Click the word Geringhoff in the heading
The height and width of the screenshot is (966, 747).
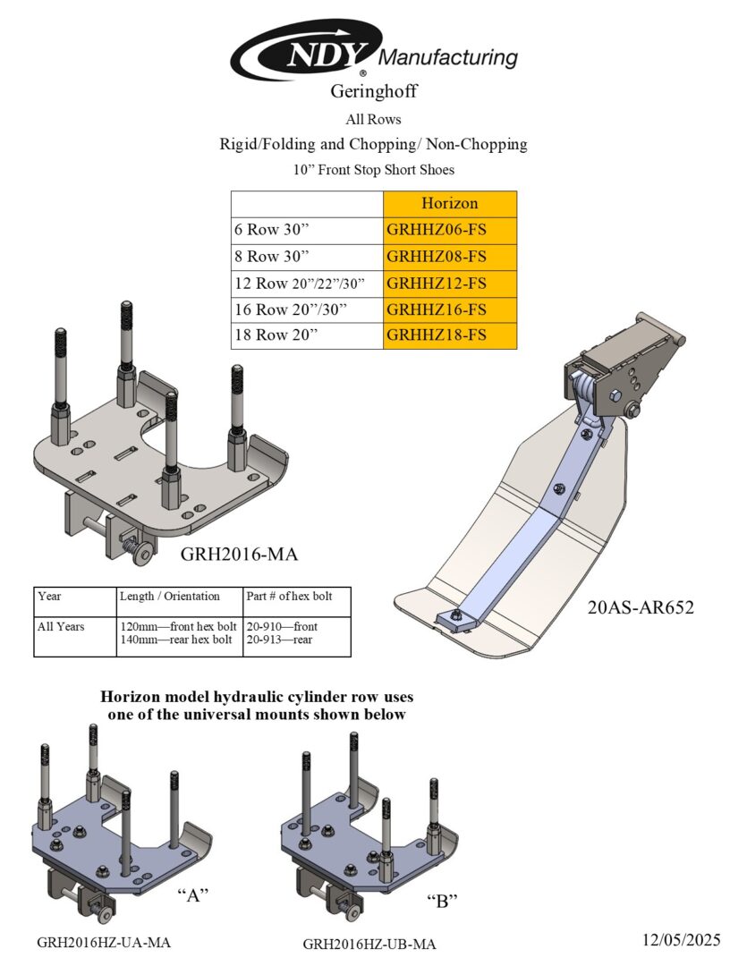(x=374, y=91)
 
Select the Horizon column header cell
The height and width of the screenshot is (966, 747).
(x=450, y=203)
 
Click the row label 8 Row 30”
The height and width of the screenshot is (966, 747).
(x=266, y=257)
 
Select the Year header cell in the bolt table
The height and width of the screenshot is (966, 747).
(x=50, y=596)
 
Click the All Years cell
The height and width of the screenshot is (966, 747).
(x=62, y=626)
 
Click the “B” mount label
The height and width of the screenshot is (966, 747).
(x=442, y=900)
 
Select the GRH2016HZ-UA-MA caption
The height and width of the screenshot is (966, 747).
(x=104, y=942)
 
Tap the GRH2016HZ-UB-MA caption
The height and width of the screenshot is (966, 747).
(x=369, y=944)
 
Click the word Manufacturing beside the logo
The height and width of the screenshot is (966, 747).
(x=448, y=59)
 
